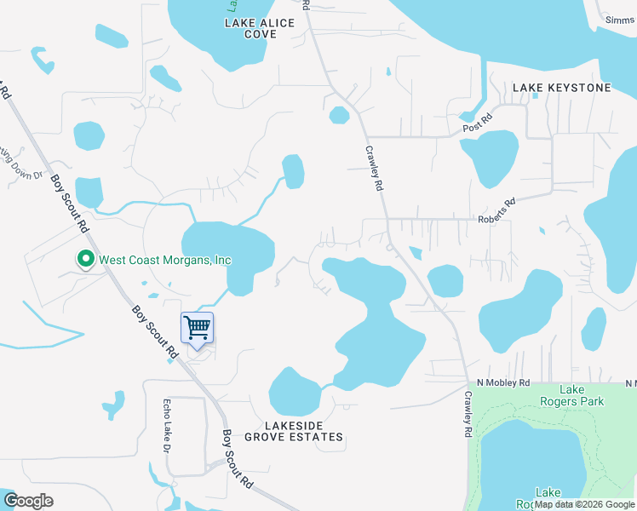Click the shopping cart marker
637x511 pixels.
pyautogui.click(x=197, y=327)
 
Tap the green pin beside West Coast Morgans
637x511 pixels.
pyautogui.click(x=85, y=259)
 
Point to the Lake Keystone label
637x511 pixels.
pyautogui.click(x=561, y=88)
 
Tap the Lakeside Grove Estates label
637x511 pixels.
pyautogui.click(x=293, y=430)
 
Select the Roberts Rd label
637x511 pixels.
pyautogui.click(x=498, y=210)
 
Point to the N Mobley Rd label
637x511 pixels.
pyautogui.click(x=503, y=382)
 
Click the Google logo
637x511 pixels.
pyautogui.click(x=28, y=500)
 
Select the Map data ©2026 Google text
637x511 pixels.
pyautogui.click(x=584, y=504)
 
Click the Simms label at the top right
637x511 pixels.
pyautogui.click(x=619, y=20)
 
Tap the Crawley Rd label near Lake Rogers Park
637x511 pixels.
pyautogui.click(x=468, y=415)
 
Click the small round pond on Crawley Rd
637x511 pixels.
pyautogui.click(x=339, y=114)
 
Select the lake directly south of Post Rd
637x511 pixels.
pyautogui.click(x=490, y=156)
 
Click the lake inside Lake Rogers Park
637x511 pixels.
pyautogui.click(x=528, y=460)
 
